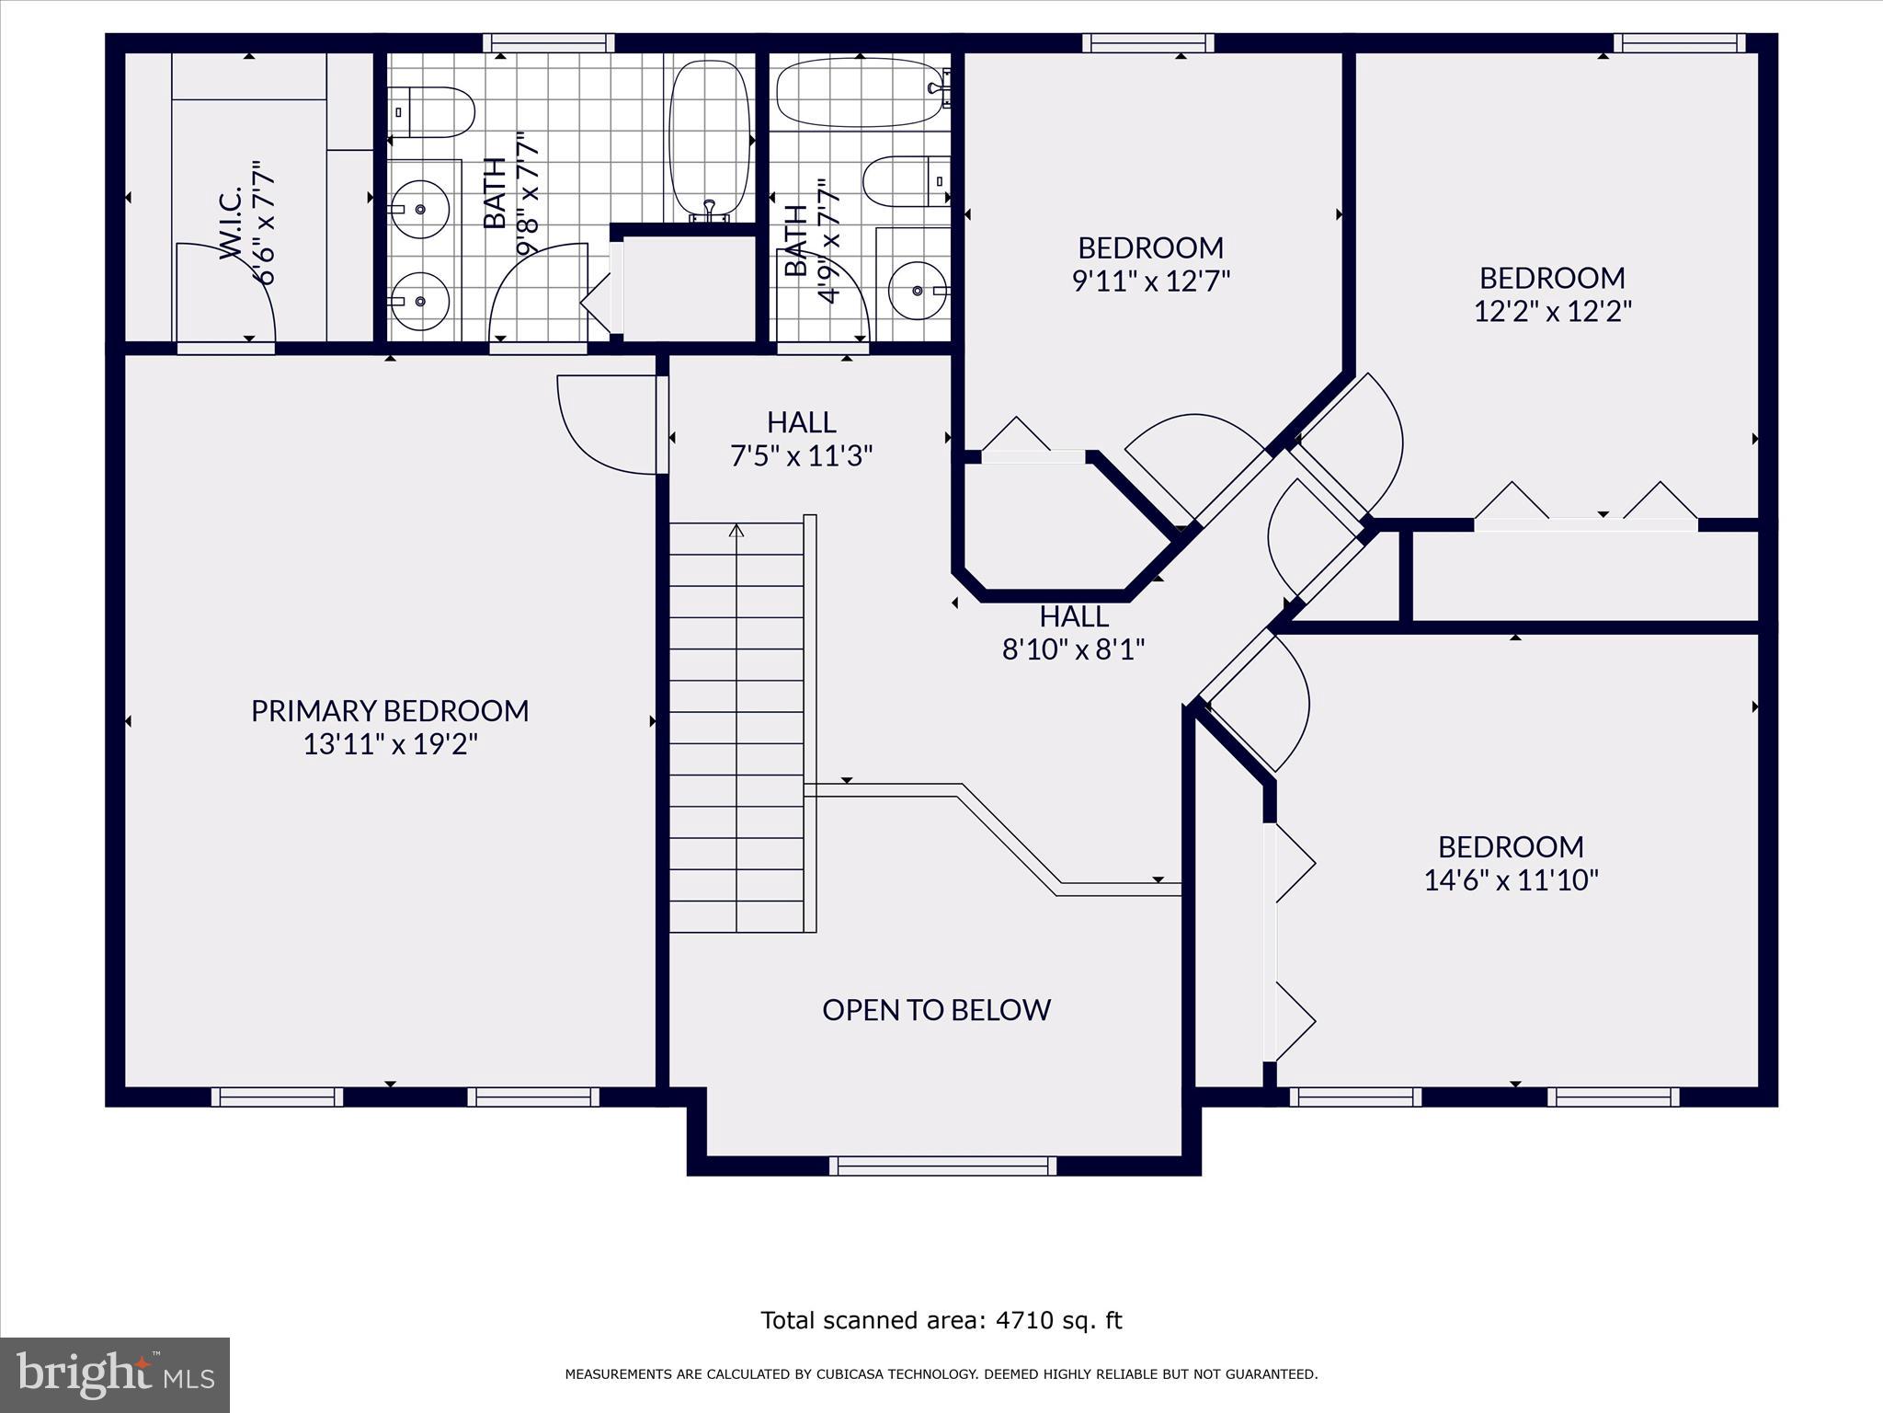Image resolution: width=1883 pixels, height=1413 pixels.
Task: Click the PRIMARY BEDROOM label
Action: click(x=390, y=711)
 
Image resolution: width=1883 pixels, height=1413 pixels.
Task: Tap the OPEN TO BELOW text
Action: click(x=936, y=1010)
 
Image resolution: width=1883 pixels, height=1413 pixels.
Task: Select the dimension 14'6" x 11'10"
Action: click(x=1511, y=881)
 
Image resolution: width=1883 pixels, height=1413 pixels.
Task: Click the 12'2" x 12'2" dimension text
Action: click(x=1552, y=312)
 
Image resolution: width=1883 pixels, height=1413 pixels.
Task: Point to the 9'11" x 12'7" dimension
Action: click(x=1150, y=281)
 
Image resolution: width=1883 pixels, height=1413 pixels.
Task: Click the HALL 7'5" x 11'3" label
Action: click(x=801, y=439)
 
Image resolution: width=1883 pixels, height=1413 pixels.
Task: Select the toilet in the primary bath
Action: click(x=432, y=112)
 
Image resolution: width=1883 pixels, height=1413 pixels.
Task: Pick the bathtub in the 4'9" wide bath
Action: click(x=860, y=92)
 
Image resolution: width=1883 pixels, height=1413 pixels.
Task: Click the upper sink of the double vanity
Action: click(x=419, y=210)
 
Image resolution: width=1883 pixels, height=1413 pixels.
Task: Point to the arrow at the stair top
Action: click(x=736, y=531)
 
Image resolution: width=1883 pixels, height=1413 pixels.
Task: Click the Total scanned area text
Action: click(x=941, y=1321)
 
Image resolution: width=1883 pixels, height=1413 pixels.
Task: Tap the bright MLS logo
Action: click(x=114, y=1375)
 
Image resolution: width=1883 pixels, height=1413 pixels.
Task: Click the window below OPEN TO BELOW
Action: click(x=942, y=1166)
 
